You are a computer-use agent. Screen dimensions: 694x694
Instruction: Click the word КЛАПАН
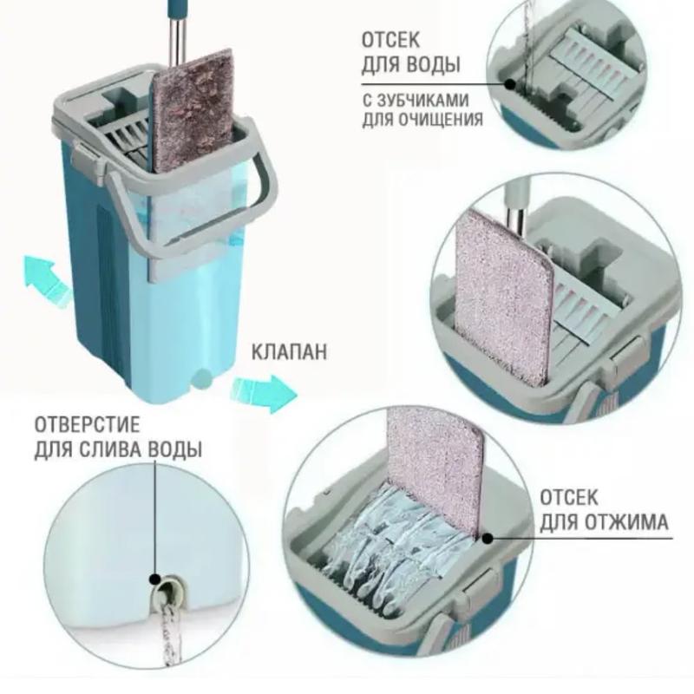(x=290, y=352)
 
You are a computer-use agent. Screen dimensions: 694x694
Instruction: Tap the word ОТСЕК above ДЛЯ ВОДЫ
(x=390, y=40)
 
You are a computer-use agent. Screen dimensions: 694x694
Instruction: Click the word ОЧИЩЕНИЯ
(x=443, y=120)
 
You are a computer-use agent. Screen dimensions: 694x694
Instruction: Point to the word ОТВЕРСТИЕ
(x=87, y=425)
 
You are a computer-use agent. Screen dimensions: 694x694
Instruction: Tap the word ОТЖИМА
(x=625, y=522)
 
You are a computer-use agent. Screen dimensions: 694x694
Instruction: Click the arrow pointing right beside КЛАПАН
(x=265, y=393)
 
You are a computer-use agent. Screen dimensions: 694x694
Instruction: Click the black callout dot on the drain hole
(x=155, y=579)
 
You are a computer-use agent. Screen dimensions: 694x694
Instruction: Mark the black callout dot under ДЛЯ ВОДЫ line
(x=510, y=83)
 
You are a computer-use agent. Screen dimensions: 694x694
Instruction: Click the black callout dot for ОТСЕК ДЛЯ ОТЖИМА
(x=488, y=539)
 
